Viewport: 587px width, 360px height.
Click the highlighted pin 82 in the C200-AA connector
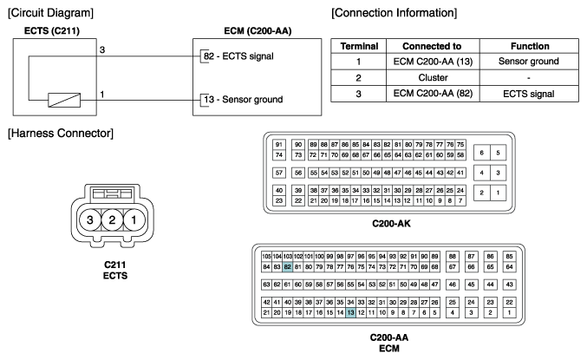pos(288,267)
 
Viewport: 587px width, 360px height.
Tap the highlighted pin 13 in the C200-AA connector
pos(350,312)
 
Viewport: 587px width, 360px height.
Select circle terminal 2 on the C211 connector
pos(112,219)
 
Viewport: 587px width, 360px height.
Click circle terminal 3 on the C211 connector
pos(90,219)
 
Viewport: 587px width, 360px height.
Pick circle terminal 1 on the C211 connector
pos(134,219)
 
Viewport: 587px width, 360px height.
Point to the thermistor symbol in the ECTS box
pos(64,100)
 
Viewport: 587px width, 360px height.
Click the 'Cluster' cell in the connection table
pos(434,77)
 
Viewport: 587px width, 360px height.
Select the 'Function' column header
pos(530,46)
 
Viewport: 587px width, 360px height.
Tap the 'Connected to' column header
pos(432,46)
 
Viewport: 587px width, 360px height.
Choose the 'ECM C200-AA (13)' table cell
pos(434,62)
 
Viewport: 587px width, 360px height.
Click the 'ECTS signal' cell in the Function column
pos(529,94)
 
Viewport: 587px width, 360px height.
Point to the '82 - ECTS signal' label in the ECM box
pos(238,56)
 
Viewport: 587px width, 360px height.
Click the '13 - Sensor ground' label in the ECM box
pos(244,99)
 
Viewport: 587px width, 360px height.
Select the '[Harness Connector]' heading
pos(61,134)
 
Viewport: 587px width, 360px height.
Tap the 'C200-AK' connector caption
pos(391,224)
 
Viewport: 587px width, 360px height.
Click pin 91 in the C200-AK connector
pos(279,145)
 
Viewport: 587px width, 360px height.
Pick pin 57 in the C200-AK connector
pos(279,173)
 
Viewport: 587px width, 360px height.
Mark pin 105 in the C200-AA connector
pos(266,257)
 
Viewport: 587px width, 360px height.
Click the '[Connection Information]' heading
pos(395,13)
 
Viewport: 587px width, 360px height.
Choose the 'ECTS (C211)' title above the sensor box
pos(52,30)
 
